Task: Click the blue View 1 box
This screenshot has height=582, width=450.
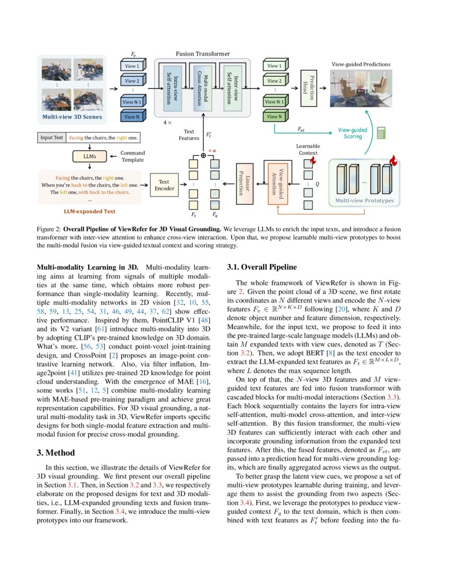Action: [x=132, y=67]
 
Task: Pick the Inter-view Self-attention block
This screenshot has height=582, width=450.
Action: [x=232, y=86]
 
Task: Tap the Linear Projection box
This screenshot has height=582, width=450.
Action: [x=244, y=183]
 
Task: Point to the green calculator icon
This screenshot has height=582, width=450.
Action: [x=381, y=133]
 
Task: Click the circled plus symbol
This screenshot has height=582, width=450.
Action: [x=203, y=156]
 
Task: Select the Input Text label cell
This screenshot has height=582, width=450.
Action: [x=52, y=138]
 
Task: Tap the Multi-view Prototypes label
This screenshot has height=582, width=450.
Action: [x=365, y=201]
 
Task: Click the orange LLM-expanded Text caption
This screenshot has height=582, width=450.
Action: [x=89, y=211]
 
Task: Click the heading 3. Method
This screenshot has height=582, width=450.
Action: [x=55, y=453]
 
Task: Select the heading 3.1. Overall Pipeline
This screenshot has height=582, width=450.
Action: [x=262, y=267]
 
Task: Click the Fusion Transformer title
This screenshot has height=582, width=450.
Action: [x=203, y=54]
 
